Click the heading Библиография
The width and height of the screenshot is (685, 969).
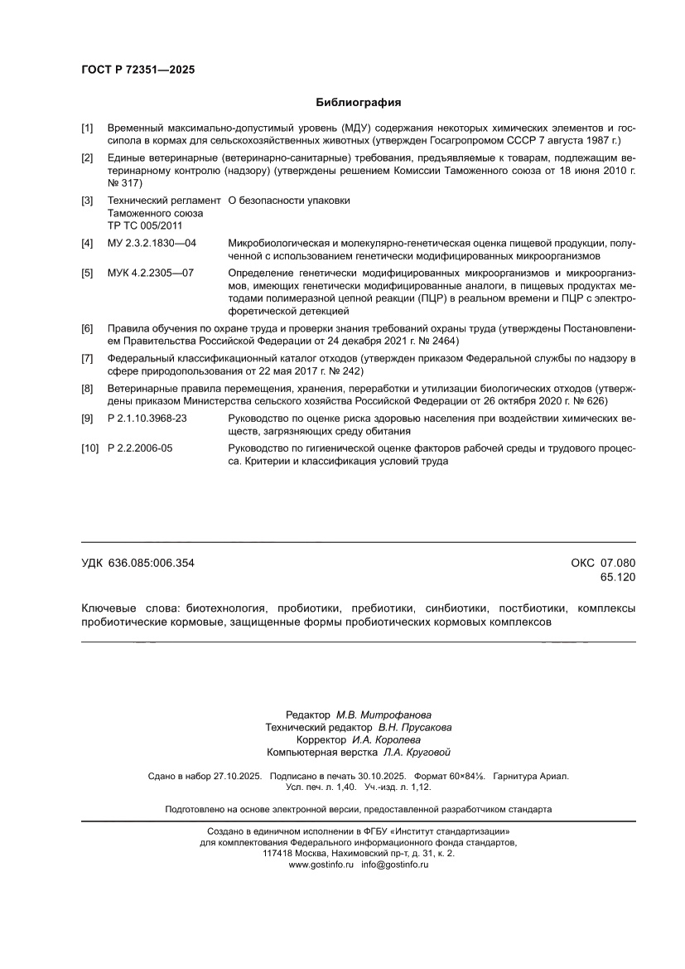click(x=359, y=103)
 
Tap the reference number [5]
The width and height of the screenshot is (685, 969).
click(x=87, y=273)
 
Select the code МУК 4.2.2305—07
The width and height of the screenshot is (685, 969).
click(x=151, y=273)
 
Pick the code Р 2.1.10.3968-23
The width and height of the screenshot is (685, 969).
click(x=147, y=419)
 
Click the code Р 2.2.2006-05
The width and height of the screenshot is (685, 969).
click(x=141, y=448)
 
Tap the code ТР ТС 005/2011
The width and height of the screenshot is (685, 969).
click(x=144, y=225)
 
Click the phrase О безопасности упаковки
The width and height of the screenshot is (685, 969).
click(x=289, y=201)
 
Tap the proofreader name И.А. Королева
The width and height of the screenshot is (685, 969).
click(x=386, y=739)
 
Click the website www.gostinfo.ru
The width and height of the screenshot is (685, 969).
click(x=321, y=865)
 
